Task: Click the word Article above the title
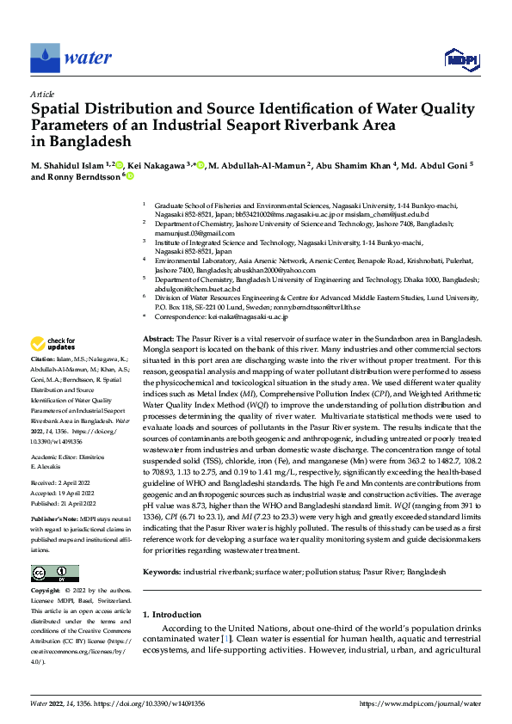[x=42, y=95]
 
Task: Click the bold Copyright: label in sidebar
[x=48, y=592]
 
